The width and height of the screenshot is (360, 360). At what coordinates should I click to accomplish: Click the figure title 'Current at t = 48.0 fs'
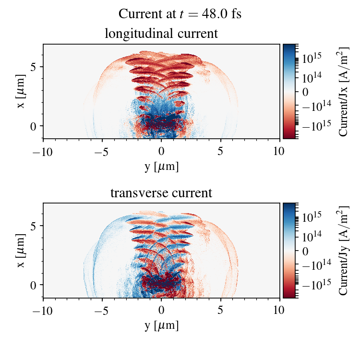(x=180, y=14)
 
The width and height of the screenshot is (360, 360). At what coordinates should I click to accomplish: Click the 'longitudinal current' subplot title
(x=161, y=34)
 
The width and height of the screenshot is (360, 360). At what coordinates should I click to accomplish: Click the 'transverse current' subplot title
(x=161, y=193)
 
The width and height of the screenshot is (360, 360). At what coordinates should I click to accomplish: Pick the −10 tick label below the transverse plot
(x=43, y=310)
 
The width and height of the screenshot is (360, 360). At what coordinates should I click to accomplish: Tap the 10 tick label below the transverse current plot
(x=280, y=310)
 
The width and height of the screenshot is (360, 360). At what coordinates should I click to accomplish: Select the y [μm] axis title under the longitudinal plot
(x=161, y=166)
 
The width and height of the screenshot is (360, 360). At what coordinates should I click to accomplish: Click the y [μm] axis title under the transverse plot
(x=161, y=325)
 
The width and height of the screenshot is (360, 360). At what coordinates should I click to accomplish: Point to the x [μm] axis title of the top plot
(x=21, y=91)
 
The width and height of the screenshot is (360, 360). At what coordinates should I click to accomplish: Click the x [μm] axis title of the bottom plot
(x=21, y=251)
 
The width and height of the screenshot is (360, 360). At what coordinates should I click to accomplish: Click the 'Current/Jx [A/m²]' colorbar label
(x=344, y=91)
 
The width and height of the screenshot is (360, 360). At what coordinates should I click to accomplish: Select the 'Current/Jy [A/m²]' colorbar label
(x=344, y=251)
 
